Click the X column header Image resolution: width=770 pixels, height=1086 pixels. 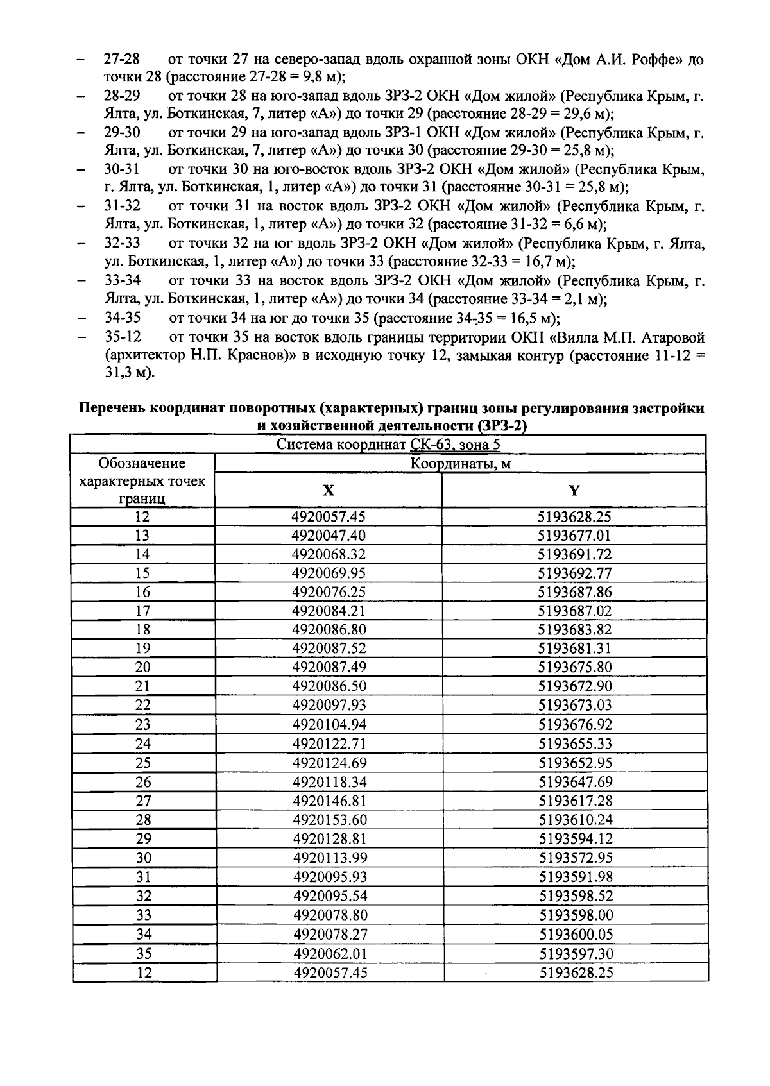[328, 491]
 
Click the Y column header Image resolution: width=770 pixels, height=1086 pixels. [574, 491]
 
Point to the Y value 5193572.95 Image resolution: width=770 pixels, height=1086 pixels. [576, 858]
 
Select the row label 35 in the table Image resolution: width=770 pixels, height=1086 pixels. [144, 953]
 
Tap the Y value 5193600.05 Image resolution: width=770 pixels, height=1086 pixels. [576, 934]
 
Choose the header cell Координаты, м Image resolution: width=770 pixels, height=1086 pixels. [460, 463]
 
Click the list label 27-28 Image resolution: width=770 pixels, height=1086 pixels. [122, 60]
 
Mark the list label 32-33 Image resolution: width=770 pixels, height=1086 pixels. [123, 244]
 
